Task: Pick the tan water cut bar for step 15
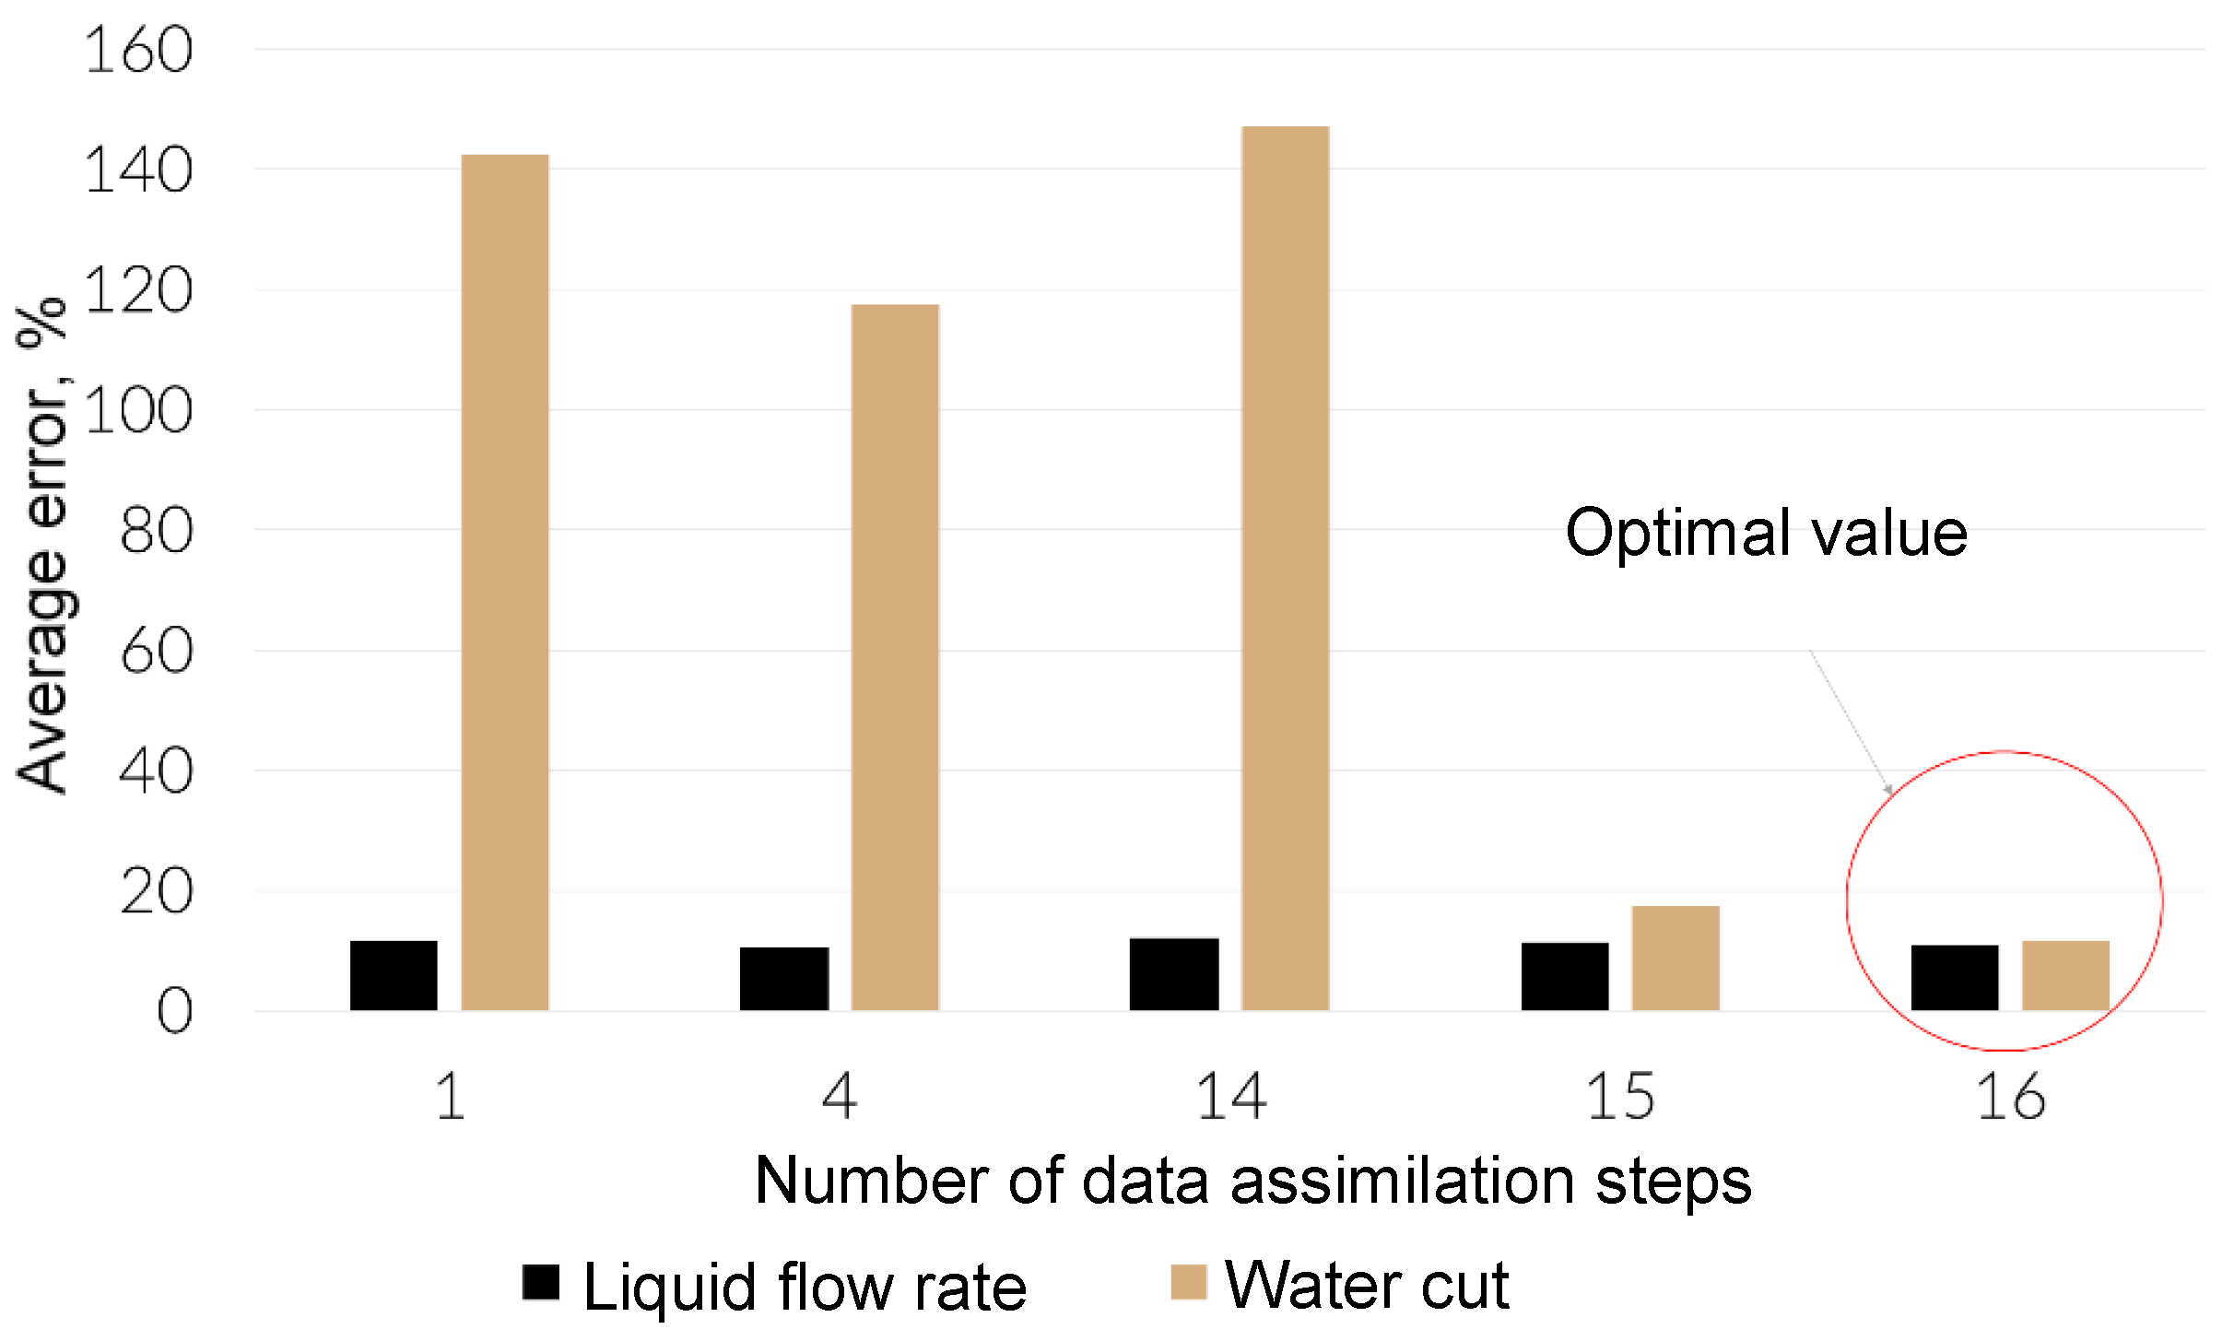tap(1675, 959)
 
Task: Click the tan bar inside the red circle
tap(2065, 975)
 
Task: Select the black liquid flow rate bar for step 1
tap(394, 975)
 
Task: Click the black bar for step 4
tap(784, 979)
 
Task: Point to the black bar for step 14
tap(1174, 974)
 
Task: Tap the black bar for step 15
tap(1565, 976)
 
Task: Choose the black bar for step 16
tap(1955, 978)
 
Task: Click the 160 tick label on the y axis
tap(138, 51)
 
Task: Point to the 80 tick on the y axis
tap(156, 532)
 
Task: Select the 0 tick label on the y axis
tap(174, 1012)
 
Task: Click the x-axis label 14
tap(1230, 1098)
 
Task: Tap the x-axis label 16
tap(2010, 1098)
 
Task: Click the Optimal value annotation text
tap(1766, 534)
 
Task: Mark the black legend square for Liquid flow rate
tap(541, 1282)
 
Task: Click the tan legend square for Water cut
tap(1189, 1282)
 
